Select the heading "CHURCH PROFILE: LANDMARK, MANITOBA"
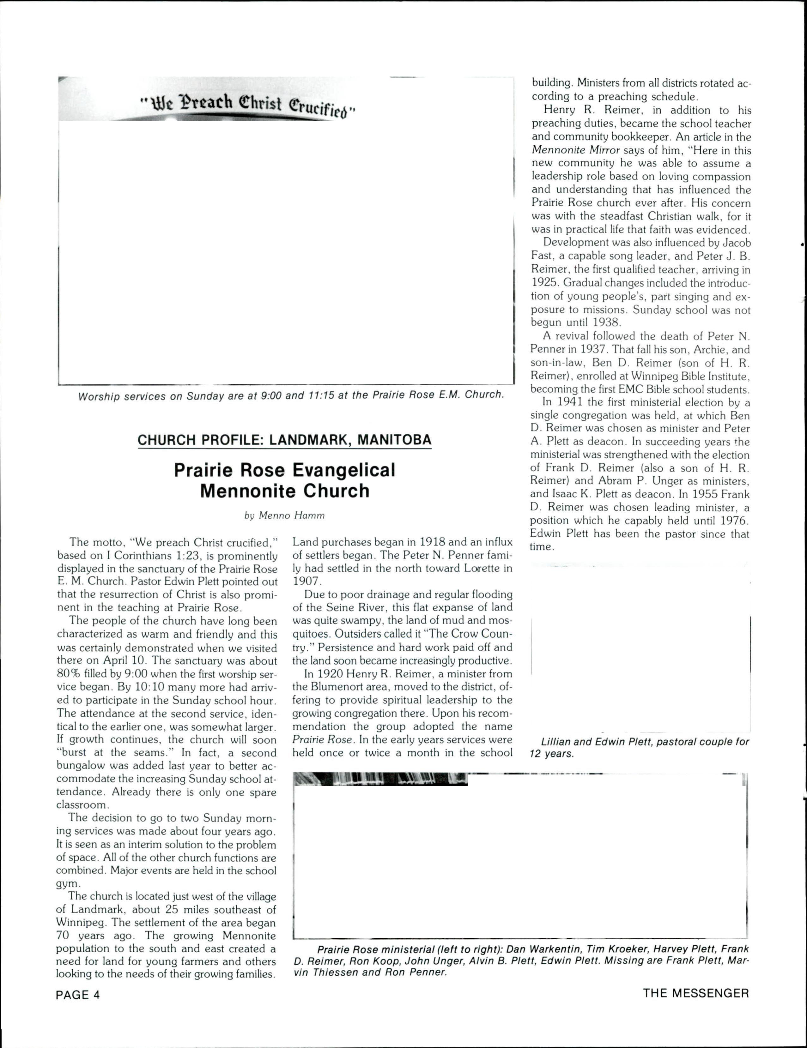tap(284, 440)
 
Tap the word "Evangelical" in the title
tap(343, 470)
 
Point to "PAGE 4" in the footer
tap(78, 994)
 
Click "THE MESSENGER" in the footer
tap(696, 993)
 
